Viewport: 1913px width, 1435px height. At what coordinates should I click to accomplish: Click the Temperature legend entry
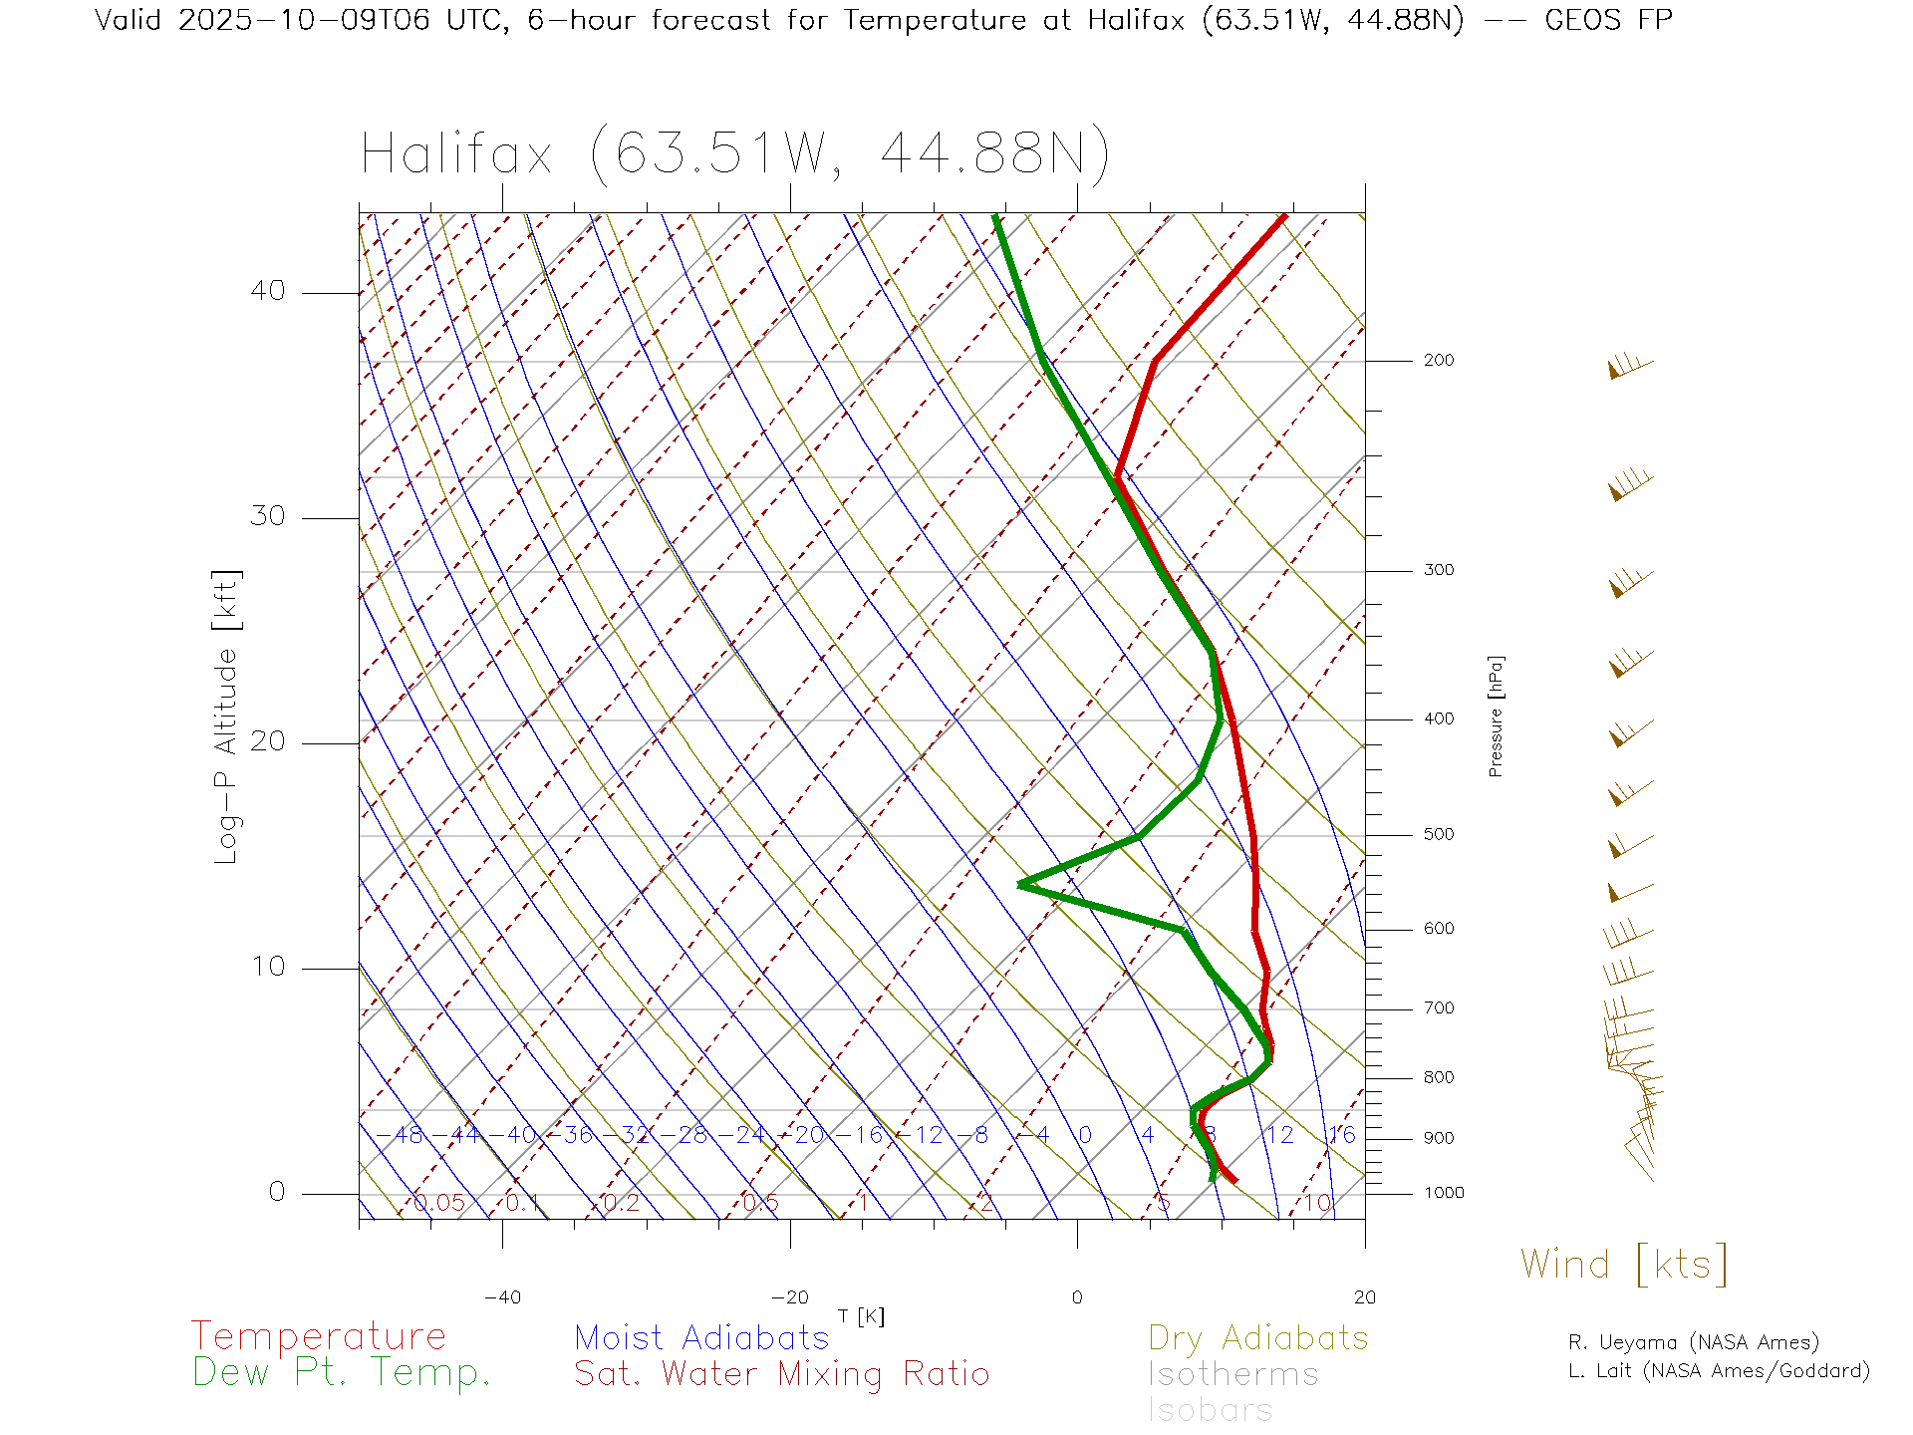click(318, 1335)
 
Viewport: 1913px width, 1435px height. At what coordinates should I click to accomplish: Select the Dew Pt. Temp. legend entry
click(342, 1372)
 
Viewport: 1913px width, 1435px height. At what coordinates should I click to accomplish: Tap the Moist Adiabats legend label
click(701, 1337)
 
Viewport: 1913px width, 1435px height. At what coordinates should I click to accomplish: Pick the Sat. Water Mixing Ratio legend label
click(781, 1373)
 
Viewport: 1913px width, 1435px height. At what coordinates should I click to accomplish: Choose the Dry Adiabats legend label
click(1257, 1337)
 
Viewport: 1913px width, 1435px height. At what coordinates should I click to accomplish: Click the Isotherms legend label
click(1232, 1374)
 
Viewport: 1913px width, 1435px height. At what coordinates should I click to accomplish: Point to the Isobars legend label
click(1210, 1410)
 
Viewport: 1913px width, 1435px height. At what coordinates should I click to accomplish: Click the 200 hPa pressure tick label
click(1438, 360)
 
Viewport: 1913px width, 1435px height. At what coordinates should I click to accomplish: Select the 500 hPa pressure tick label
click(1438, 834)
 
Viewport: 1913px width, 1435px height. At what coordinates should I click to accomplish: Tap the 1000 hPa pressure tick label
click(1444, 1193)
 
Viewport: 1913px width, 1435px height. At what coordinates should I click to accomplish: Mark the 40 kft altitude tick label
click(267, 291)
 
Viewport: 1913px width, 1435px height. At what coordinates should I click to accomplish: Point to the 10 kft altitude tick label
click(267, 967)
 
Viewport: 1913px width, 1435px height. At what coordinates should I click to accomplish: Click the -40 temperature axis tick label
click(502, 1297)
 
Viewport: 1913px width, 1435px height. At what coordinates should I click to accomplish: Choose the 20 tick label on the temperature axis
click(1364, 1297)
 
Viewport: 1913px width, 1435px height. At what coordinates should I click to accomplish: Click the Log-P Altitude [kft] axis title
click(227, 717)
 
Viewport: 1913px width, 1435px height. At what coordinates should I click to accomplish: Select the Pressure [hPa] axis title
click(1495, 716)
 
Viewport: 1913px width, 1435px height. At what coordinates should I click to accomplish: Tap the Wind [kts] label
click(1624, 1264)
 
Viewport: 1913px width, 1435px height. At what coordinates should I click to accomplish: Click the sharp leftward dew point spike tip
click(1020, 884)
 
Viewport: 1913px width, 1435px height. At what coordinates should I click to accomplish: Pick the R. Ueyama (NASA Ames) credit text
click(1693, 1342)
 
